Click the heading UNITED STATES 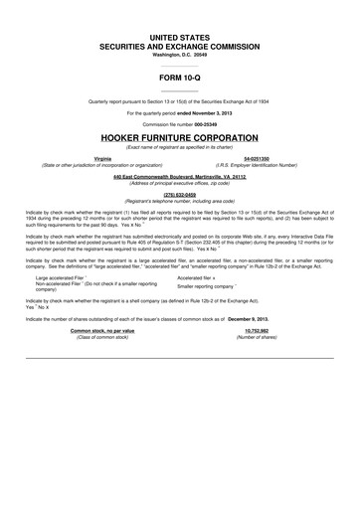point(180,37)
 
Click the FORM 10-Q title point(180,77)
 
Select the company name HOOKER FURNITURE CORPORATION point(180,137)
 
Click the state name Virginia point(102,158)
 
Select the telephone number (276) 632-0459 point(180,195)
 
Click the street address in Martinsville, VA point(180,177)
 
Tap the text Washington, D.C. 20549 point(180,54)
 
